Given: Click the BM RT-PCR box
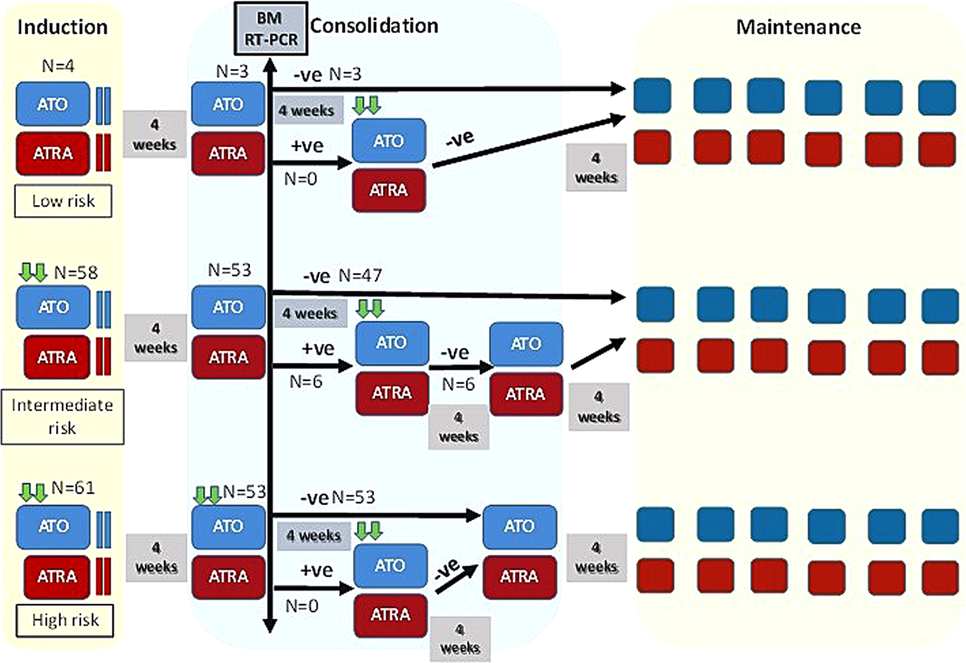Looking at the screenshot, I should [270, 28].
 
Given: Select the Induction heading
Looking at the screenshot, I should [62, 27].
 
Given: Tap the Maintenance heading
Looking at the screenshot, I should [798, 27].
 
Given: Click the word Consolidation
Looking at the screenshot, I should [373, 26].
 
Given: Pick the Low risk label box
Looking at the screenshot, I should [63, 201].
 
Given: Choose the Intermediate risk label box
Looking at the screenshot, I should [62, 416].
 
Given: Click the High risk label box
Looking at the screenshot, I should [65, 620].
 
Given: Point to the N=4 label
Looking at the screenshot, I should [57, 66].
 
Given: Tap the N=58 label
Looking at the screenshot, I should [75, 273].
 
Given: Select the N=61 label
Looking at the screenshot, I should [73, 489].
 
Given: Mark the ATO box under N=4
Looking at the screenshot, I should [53, 105].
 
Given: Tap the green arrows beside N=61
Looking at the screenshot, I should [33, 492].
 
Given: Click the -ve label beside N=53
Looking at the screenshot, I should [315, 497].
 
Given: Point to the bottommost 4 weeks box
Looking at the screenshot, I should [460, 639].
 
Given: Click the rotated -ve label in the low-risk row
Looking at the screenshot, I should [460, 138].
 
